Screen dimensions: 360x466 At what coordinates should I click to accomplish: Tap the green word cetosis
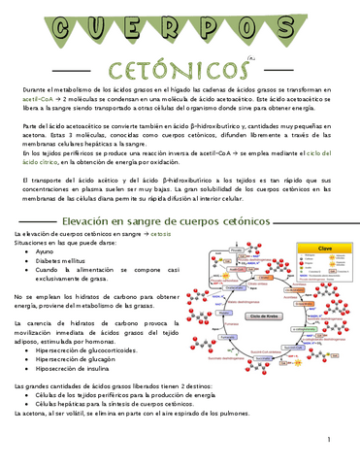[161, 235]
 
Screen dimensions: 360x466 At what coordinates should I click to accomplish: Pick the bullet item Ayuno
[46, 250]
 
